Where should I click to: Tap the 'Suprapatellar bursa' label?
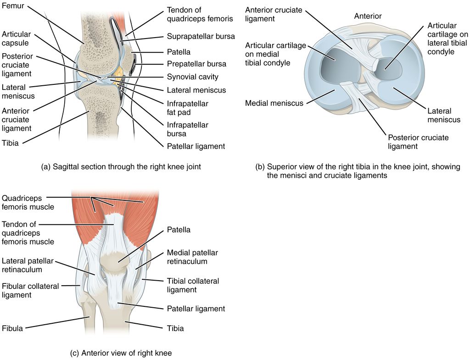(x=201, y=36)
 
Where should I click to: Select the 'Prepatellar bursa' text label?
(x=196, y=64)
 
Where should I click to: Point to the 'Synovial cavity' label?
(x=193, y=77)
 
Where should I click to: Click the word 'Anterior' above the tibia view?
(x=368, y=17)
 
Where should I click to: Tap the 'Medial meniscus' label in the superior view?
(x=274, y=103)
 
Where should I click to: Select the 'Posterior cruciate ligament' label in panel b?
(x=418, y=142)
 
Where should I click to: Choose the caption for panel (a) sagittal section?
(x=121, y=167)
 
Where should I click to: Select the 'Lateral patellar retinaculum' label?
(x=28, y=265)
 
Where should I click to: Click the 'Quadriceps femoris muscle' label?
(x=28, y=203)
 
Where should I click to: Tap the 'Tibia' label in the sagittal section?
(x=10, y=143)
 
